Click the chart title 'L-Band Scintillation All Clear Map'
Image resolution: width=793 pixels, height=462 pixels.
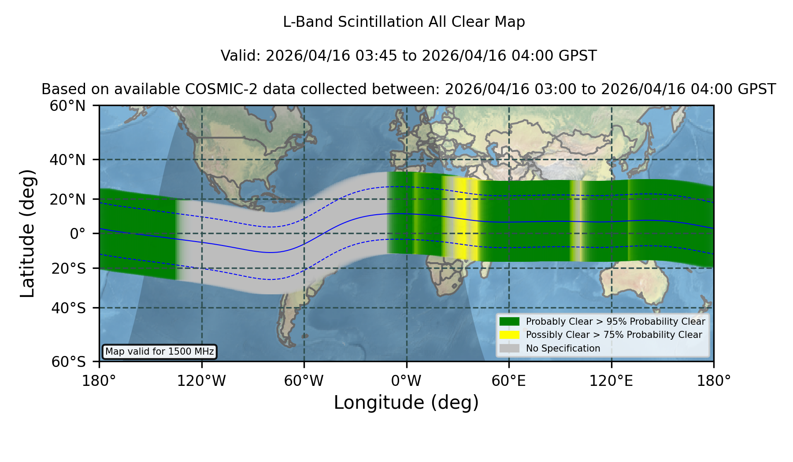point(404,22)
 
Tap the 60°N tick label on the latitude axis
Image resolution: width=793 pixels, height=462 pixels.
point(67,106)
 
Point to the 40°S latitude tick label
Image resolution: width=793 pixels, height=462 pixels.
point(68,308)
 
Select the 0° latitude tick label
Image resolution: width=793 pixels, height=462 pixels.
point(78,234)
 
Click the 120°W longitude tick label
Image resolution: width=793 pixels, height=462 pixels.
point(201,381)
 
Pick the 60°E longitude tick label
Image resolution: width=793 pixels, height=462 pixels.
point(509,381)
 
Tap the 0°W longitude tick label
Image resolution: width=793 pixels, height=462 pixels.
point(406,381)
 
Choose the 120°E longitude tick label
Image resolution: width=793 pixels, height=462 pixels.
point(611,381)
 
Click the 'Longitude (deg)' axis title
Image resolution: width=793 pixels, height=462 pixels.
point(406,403)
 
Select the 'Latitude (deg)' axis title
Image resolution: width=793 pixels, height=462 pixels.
point(27,233)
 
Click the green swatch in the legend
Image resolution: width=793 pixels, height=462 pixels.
point(509,321)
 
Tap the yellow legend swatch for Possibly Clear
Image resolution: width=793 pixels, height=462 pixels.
point(509,335)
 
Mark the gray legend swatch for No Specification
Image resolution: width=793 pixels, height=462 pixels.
point(509,348)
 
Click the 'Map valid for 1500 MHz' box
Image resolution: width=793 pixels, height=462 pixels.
point(159,352)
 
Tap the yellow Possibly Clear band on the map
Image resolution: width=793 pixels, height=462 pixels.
point(461,220)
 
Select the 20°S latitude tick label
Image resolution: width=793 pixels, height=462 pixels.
point(68,268)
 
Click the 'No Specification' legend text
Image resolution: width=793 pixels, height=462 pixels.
point(563,348)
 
